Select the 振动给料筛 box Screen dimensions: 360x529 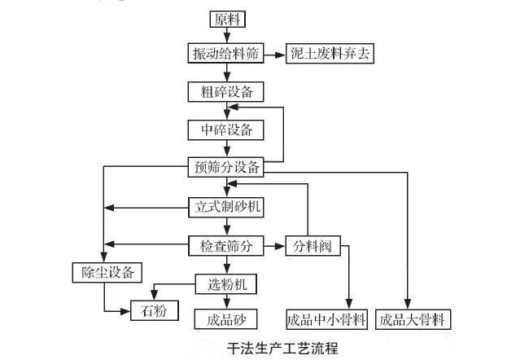226,54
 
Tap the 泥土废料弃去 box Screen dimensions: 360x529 334,54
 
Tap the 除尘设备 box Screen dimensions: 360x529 103,270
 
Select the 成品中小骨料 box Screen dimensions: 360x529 328,318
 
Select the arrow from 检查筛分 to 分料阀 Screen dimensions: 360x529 275,244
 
